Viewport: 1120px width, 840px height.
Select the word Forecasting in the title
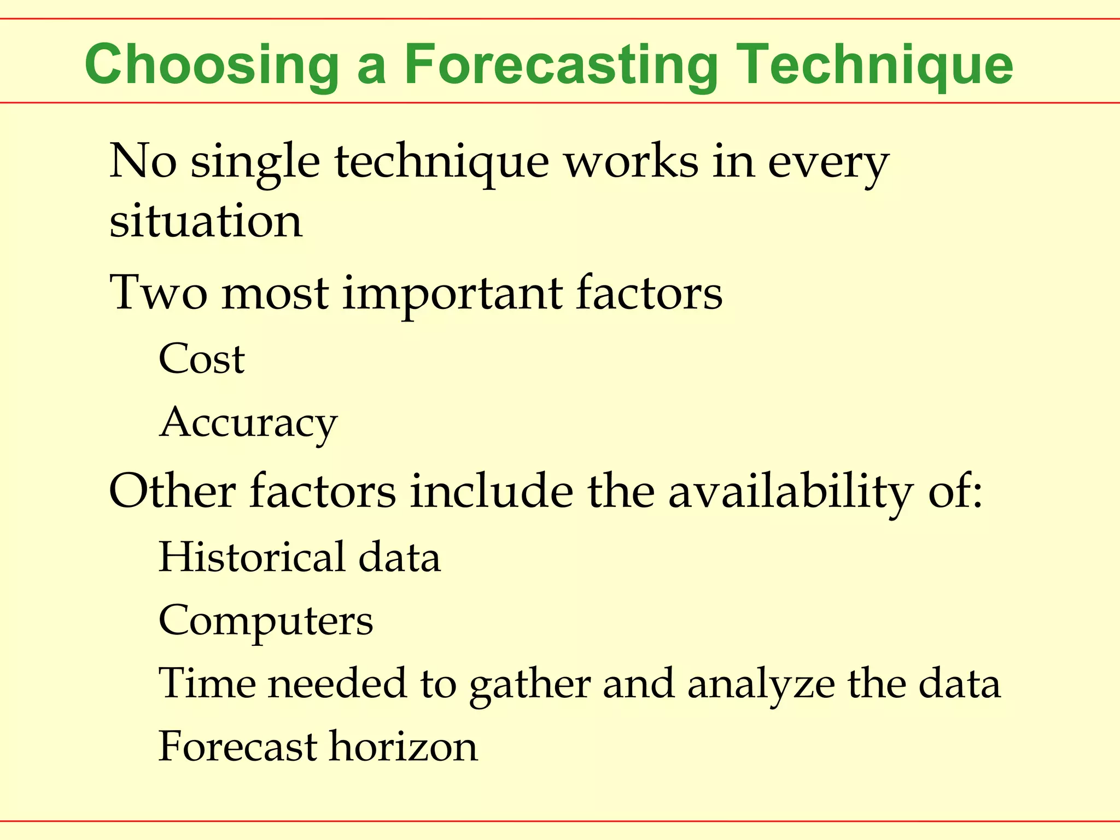(x=560, y=66)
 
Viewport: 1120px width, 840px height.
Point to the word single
(x=255, y=163)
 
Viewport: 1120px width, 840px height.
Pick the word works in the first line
(x=631, y=162)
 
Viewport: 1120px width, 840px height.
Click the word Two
(x=158, y=293)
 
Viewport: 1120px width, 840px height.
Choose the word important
(x=452, y=294)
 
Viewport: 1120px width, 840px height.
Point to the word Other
(x=172, y=490)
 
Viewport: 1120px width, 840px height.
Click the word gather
(x=529, y=685)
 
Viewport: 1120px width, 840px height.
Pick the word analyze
(x=761, y=685)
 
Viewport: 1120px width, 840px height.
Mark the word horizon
(x=403, y=746)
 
